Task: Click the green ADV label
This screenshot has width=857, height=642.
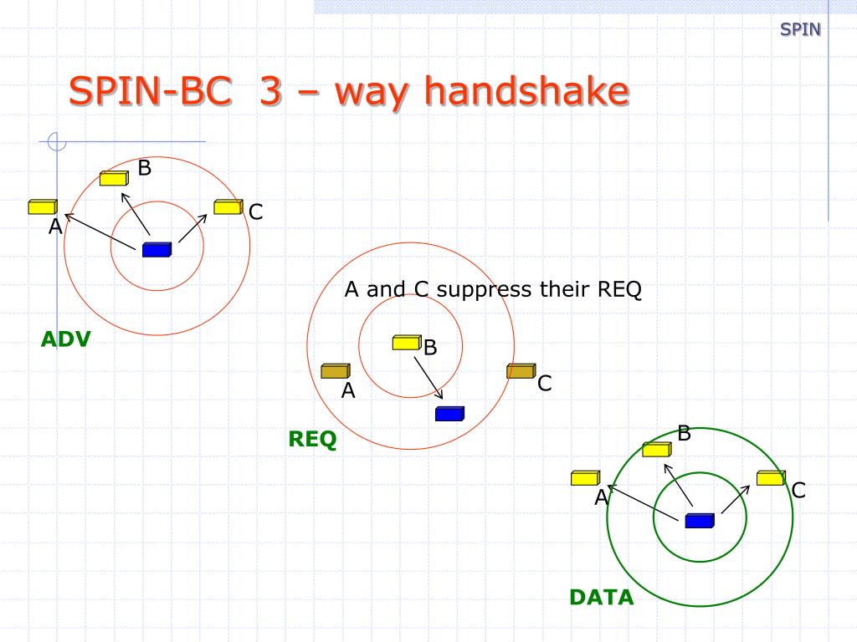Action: tap(65, 339)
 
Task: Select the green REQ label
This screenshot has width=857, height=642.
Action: tap(312, 439)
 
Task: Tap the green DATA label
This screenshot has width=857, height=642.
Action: tap(601, 598)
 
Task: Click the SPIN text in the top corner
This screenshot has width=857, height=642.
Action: tap(800, 30)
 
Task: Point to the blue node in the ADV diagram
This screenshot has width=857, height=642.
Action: tap(157, 249)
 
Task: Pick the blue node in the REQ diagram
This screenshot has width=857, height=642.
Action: tap(449, 413)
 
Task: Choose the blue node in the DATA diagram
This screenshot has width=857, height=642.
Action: tap(699, 521)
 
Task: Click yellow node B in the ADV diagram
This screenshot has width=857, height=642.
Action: tap(113, 177)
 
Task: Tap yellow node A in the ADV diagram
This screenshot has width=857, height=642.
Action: tap(42, 206)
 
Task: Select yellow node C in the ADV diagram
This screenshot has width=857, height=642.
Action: tap(228, 206)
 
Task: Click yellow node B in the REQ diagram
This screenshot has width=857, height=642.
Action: tap(407, 342)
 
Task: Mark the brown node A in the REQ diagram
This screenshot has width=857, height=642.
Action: tap(336, 370)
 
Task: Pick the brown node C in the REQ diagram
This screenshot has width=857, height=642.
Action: tap(521, 370)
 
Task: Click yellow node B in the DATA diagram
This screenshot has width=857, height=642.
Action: tap(656, 449)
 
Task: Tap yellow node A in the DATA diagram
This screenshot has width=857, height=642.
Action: tap(585, 478)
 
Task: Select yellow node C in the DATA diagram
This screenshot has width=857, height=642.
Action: tap(770, 478)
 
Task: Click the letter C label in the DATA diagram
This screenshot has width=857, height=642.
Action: tap(798, 491)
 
